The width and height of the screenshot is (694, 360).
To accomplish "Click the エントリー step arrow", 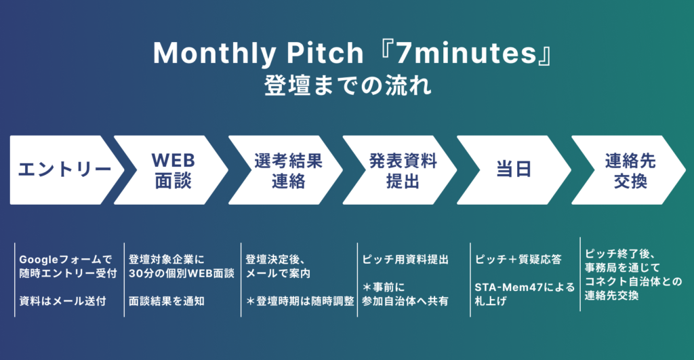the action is pos(64,170).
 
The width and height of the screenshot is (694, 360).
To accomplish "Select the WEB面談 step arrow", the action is pos(173,170).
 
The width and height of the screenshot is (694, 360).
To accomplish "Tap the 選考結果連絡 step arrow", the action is pos(287,170).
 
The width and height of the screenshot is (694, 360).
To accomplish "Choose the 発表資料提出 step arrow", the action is pos(402,170).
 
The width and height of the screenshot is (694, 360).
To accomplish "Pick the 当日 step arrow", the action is pos(516,170).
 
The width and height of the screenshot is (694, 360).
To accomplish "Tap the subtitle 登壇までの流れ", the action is pos(348,85).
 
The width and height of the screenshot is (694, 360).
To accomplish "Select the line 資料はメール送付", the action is pos(62,301).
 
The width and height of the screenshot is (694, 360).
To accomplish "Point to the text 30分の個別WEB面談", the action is pos(182,274).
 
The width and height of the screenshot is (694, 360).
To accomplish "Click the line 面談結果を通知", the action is pos(167,301).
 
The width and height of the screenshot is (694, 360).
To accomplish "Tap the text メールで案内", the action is pos(278,274).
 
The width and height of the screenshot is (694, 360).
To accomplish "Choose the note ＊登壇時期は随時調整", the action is pos(300,301).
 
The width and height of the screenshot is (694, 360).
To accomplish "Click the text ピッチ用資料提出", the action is pos(405,260).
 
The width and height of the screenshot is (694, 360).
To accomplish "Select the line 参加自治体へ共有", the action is pos(405,301).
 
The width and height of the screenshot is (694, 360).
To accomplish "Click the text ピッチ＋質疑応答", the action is pos(518,260).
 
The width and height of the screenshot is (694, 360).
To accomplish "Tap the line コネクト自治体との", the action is pos(634,281).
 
